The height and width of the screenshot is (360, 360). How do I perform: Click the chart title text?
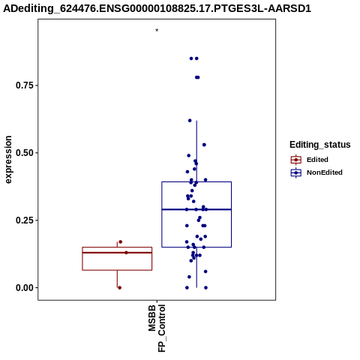(157, 8)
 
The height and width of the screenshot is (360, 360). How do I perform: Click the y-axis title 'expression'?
(8, 160)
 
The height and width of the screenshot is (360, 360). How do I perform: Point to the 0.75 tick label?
(25, 85)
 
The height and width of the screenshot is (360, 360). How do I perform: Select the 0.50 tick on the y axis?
(25, 153)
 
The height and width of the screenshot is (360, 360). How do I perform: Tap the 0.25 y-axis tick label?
(25, 220)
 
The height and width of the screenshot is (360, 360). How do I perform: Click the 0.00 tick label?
(25, 288)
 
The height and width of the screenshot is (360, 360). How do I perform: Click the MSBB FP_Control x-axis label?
(157, 328)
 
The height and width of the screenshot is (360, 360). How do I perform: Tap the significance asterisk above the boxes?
(157, 31)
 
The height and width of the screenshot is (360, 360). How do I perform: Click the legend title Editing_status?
(320, 145)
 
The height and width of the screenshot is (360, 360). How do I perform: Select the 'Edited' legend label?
(317, 160)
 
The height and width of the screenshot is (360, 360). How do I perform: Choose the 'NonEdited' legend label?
(325, 172)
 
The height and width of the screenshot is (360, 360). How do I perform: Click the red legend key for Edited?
(296, 160)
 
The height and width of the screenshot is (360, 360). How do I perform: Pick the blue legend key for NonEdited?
(296, 172)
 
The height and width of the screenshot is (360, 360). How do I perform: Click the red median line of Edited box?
(117, 253)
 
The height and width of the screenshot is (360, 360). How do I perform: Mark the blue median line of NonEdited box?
(196, 209)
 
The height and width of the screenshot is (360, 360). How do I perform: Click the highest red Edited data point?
(121, 241)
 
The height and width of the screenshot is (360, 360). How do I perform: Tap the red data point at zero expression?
(120, 288)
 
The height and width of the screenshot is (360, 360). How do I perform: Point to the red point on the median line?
(126, 253)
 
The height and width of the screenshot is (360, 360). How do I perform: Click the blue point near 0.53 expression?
(204, 145)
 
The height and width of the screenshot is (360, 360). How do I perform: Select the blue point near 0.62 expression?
(190, 121)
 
